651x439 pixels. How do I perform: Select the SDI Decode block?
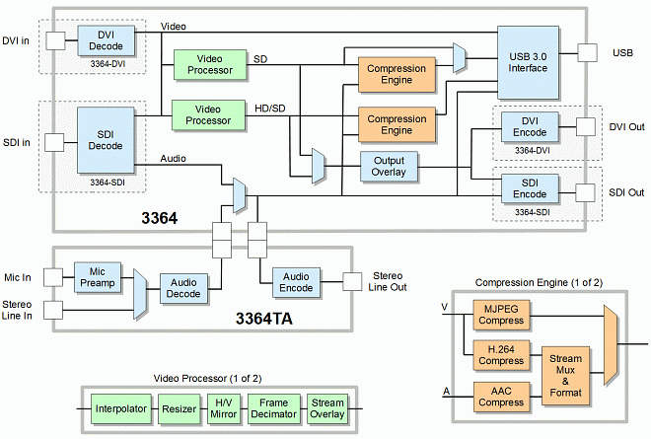pyautogui.click(x=106, y=140)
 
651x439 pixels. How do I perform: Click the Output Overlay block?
pyautogui.click(x=390, y=166)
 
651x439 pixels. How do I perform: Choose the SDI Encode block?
pyautogui.click(x=530, y=187)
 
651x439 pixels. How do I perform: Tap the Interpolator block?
pyautogui.click(x=121, y=408)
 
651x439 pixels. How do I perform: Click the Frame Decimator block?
pyautogui.click(x=273, y=408)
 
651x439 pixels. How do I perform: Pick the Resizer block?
pyautogui.click(x=180, y=408)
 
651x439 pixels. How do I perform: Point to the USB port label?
pyautogui.click(x=622, y=51)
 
